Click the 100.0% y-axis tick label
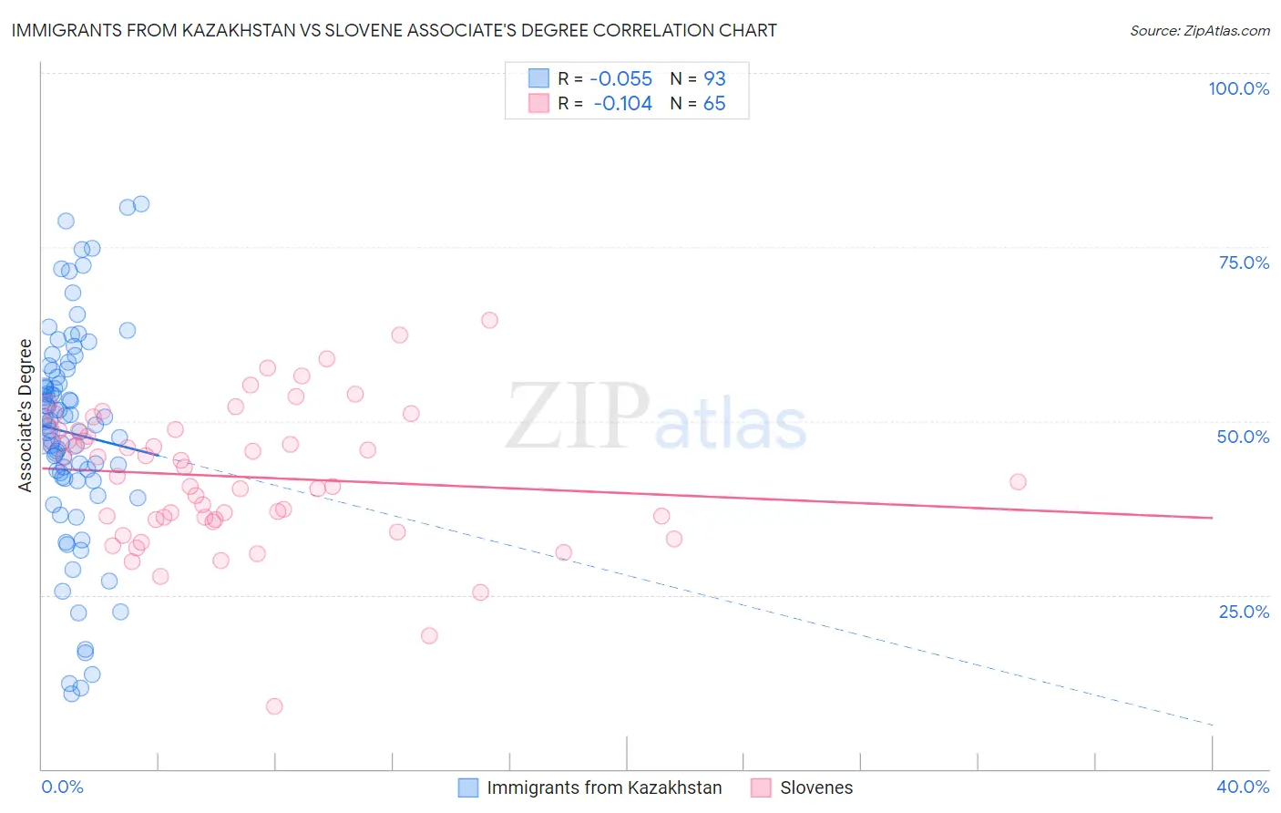point(1238,88)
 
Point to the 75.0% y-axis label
point(1244,262)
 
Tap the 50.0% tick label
point(1243,437)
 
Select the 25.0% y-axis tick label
point(1244,612)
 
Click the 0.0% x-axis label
point(62,787)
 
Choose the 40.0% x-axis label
point(1243,787)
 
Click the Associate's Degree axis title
point(26,416)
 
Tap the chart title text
point(394,30)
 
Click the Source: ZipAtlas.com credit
point(1199,31)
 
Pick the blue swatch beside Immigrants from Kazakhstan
point(467,787)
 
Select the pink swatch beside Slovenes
point(761,787)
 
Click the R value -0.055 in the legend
point(622,79)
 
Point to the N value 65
point(714,104)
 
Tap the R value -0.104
point(622,104)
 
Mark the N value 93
point(714,79)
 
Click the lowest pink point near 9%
point(274,706)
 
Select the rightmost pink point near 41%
point(1018,482)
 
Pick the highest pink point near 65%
point(489,320)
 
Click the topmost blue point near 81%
point(141,204)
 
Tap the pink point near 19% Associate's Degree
point(429,635)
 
